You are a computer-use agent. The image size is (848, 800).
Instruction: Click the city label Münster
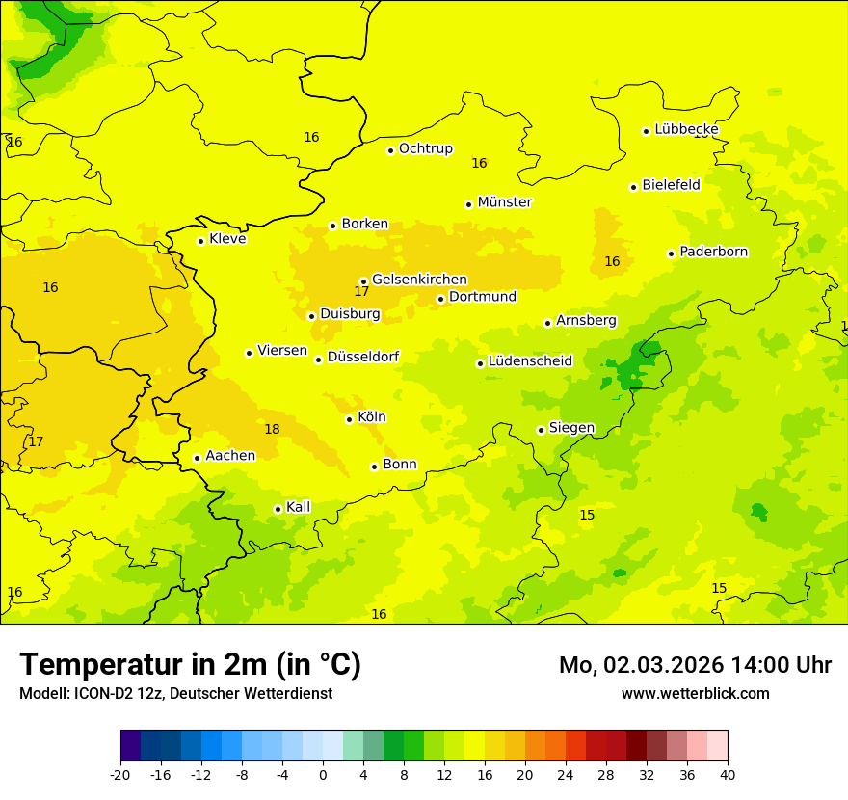pos(504,202)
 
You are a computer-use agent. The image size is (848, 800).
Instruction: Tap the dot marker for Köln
pos(349,419)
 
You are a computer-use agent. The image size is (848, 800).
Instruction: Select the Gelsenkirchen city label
pos(419,280)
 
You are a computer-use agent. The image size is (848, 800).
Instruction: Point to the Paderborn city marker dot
pos(671,253)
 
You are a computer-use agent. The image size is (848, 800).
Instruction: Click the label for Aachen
pos(230,456)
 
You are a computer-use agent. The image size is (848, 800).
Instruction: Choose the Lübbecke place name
pos(686,129)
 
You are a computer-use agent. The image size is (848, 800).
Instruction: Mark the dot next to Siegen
pos(541,430)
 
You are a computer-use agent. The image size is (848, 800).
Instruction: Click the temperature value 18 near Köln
pos(272,429)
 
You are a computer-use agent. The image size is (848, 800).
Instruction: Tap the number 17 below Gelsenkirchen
pos(361,291)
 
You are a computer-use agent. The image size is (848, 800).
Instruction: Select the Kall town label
pos(299,507)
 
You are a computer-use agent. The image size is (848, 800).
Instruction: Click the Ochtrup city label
pos(425,148)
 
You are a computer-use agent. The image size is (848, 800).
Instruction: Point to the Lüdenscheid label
pos(530,361)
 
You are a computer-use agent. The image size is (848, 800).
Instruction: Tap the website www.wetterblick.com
pos(695,693)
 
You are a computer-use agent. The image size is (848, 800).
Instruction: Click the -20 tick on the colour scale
pos(120,774)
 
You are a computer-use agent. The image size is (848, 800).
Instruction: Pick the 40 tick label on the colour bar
pos(728,774)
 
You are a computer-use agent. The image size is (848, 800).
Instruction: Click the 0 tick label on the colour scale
pos(323,774)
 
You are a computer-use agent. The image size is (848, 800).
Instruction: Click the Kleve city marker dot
pos(200,241)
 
